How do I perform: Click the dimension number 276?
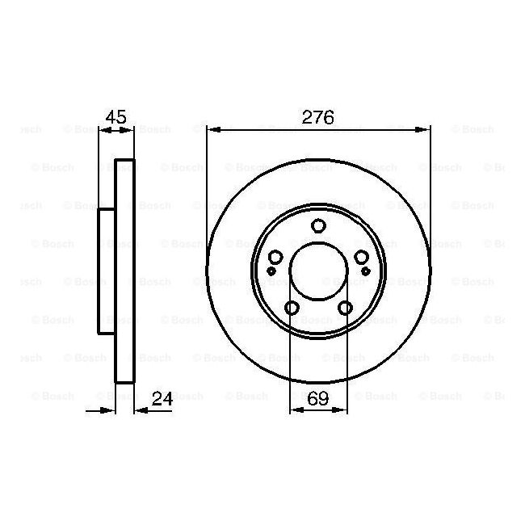click(x=317, y=117)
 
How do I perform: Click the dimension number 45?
click(x=115, y=117)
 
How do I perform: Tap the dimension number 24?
click(x=162, y=398)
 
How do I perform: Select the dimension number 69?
click(x=317, y=398)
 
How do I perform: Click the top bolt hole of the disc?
click(x=318, y=225)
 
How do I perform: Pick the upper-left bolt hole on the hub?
click(x=276, y=257)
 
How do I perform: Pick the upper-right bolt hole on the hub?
click(x=362, y=257)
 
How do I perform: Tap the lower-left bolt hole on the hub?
click(x=292, y=308)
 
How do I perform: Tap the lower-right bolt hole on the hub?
click(x=345, y=308)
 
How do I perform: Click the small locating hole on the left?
click(x=271, y=271)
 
